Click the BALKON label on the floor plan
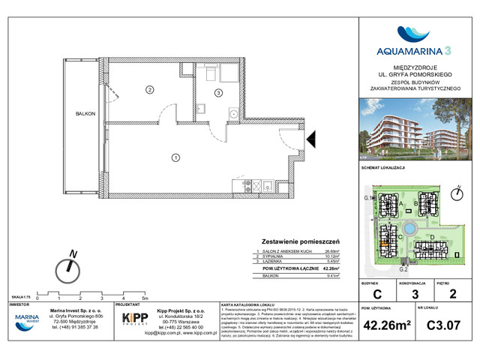point(85,113)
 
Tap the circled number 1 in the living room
point(175,157)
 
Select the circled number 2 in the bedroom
point(150,90)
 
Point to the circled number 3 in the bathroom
point(218,93)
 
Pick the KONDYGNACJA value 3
point(415,295)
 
